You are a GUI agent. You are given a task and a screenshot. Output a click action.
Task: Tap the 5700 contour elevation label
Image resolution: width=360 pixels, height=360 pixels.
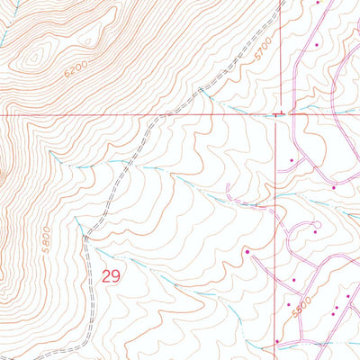click(263, 53)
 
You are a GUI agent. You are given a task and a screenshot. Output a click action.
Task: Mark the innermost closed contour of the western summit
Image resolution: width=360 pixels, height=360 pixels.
click(34, 58)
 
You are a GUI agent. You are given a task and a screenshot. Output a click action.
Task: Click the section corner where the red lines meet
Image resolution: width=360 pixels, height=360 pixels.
click(274, 115)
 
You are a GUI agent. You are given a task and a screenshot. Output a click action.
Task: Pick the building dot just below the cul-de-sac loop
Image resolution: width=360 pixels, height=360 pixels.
click(317, 232)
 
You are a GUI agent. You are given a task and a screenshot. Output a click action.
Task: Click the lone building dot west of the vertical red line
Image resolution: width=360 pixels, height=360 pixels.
click(247, 252)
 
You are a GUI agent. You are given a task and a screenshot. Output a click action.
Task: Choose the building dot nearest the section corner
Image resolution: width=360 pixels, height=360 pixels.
click(292, 159)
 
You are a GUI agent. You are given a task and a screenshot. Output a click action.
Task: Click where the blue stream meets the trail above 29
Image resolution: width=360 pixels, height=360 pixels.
click(85, 236)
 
